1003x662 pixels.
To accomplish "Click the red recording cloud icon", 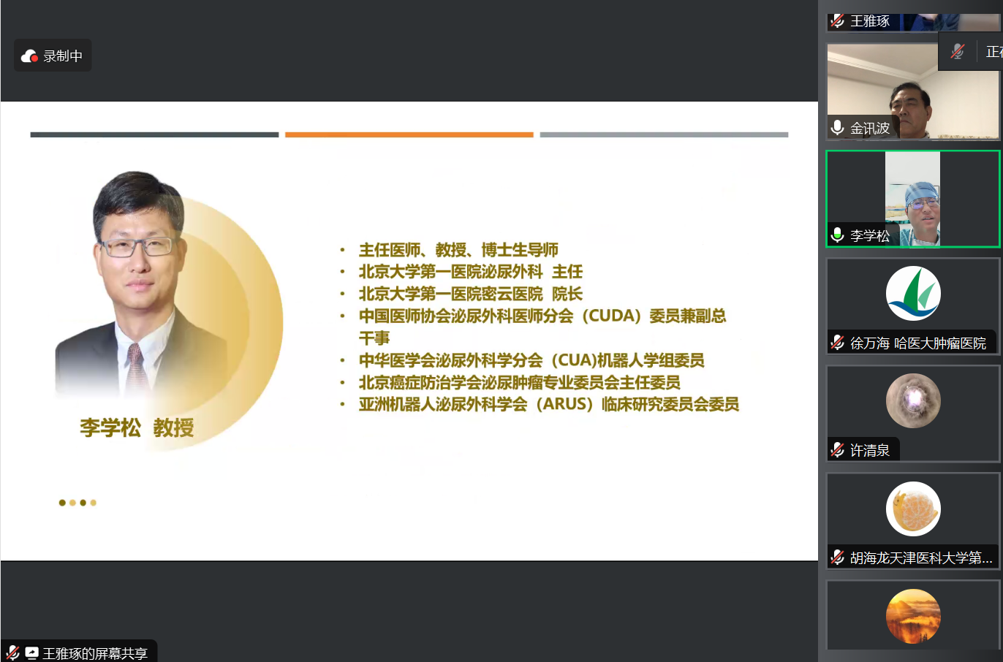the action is click(29, 56).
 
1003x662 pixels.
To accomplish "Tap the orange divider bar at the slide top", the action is click(409, 134).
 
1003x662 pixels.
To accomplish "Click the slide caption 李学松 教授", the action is click(137, 427).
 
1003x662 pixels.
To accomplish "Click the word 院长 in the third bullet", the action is click(567, 294).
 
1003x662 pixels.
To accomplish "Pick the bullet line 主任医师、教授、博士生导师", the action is click(458, 250).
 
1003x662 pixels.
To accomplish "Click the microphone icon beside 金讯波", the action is click(837, 128).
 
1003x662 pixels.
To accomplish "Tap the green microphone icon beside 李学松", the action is click(837, 235).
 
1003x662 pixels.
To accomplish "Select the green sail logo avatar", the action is click(913, 293).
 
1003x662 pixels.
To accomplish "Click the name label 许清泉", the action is click(869, 450).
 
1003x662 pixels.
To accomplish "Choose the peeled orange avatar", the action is click(913, 509).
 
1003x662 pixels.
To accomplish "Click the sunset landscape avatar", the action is click(913, 617).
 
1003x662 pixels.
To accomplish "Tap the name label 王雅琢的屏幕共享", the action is click(95, 653).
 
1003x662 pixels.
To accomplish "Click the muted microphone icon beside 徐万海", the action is click(837, 343).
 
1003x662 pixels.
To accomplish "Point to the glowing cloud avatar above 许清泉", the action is click(913, 400).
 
